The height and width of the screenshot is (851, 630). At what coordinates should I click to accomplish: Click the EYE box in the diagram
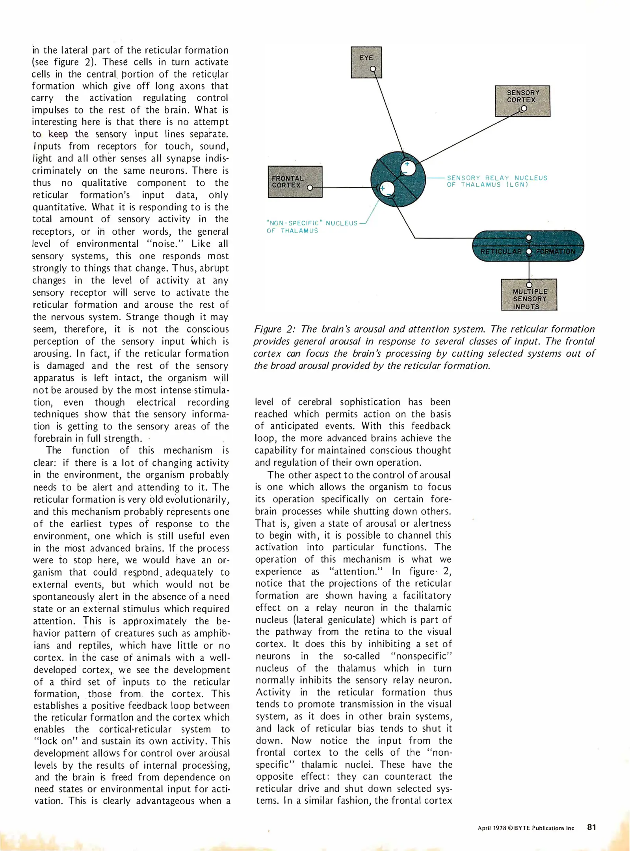coord(366,62)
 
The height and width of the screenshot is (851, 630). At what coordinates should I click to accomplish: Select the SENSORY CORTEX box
coord(522,100)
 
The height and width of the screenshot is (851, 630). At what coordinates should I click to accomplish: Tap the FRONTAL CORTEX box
coord(295,181)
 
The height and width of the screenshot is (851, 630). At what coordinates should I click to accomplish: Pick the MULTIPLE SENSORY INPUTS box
coord(529,295)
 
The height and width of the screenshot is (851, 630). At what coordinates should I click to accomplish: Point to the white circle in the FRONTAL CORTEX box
coord(310,188)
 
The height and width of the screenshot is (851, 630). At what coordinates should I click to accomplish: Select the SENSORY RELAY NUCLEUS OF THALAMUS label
coord(496,181)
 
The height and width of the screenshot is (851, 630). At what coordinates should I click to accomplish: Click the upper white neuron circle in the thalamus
coord(408,168)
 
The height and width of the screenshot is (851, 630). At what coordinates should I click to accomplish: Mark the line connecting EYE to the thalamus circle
coord(389,114)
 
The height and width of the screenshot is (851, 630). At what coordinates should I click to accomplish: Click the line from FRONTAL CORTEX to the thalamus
coord(343,188)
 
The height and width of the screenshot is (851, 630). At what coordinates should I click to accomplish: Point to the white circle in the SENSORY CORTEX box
coord(524,108)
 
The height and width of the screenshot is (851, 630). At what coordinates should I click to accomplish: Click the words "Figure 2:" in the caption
coord(274,329)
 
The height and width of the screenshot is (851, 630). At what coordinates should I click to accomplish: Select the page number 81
coord(591,827)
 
